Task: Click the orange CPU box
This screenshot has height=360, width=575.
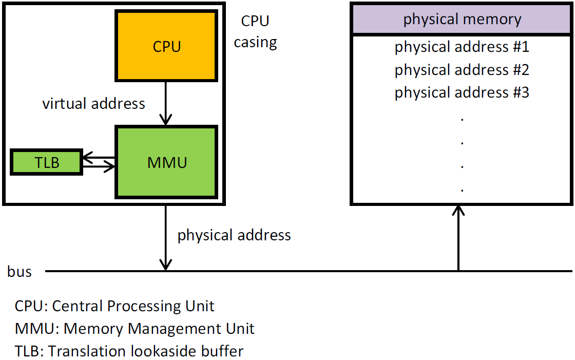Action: tap(167, 47)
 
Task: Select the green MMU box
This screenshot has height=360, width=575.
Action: tap(167, 163)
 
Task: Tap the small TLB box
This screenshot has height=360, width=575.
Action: tap(47, 163)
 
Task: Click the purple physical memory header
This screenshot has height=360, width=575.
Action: tap(462, 20)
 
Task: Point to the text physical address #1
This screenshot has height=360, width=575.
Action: tap(462, 47)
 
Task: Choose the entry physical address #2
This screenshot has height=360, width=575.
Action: tap(462, 70)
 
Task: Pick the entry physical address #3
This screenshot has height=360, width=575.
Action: tap(462, 93)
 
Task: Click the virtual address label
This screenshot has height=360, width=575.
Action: tap(93, 104)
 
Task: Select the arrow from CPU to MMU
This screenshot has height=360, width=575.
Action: tap(165, 103)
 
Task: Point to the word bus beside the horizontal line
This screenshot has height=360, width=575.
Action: tap(20, 272)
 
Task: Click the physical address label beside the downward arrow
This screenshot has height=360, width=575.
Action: tap(234, 236)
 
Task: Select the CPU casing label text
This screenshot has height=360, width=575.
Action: tap(255, 31)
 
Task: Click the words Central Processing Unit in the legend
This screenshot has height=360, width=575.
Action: tap(133, 306)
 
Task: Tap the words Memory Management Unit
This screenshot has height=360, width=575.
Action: tap(159, 329)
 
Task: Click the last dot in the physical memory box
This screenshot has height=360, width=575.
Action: tap(463, 190)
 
